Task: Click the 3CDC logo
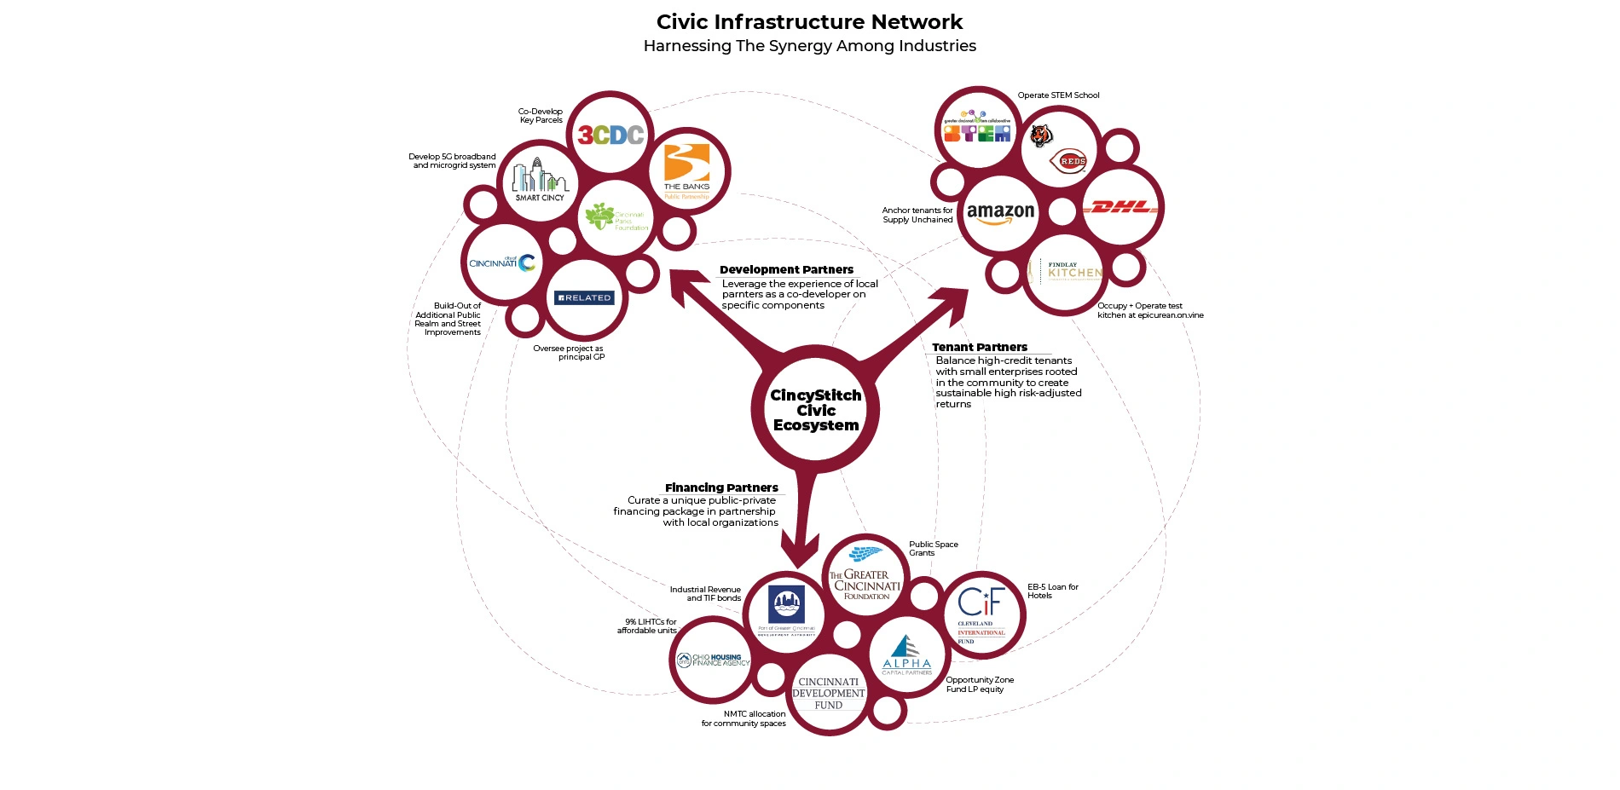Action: [x=610, y=135]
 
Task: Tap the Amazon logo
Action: [x=1000, y=213]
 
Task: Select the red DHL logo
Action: [x=1120, y=207]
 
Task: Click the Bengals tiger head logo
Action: [x=1041, y=135]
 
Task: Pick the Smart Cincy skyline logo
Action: [x=539, y=180]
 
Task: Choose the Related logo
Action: [x=584, y=297]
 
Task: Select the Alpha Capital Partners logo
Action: [x=906, y=655]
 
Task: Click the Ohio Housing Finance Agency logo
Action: [x=714, y=660]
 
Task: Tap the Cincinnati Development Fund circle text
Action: [x=829, y=694]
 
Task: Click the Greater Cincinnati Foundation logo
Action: [x=865, y=575]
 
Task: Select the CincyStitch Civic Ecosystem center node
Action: [x=816, y=410]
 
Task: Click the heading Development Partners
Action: [x=786, y=269]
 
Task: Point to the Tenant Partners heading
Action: [x=980, y=347]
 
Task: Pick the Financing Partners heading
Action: [x=721, y=487]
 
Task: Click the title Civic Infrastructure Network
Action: [x=809, y=22]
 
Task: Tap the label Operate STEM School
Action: [x=1058, y=95]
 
